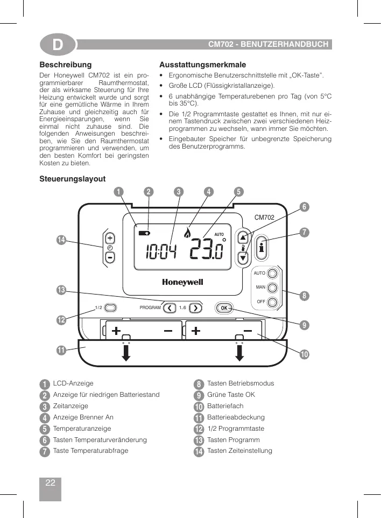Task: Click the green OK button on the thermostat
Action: [x=224, y=308]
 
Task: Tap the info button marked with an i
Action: [x=261, y=248]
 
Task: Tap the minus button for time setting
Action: [x=110, y=257]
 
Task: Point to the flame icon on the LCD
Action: [x=188, y=233]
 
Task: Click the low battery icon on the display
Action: [x=145, y=233]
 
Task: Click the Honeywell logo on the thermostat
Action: [x=182, y=282]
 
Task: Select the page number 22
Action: [x=50, y=483]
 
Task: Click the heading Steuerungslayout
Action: [x=73, y=179]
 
